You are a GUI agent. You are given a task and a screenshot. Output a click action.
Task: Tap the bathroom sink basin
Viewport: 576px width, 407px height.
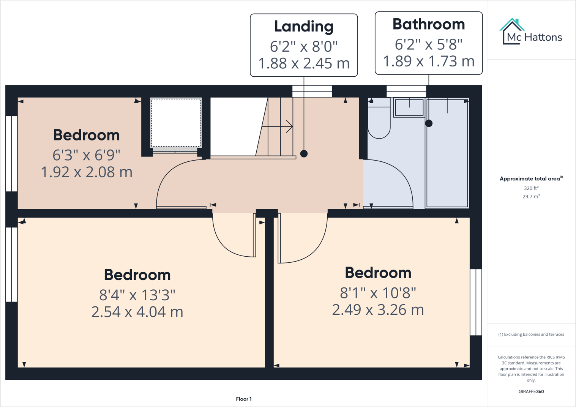409,107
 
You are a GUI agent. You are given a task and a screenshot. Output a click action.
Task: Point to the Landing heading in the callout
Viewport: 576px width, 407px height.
304,26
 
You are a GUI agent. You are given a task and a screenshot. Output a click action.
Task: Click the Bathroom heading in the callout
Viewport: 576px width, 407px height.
428,24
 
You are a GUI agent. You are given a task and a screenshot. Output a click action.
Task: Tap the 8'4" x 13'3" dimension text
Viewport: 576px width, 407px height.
137,294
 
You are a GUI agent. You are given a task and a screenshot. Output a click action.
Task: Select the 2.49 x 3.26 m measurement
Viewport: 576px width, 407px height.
378,310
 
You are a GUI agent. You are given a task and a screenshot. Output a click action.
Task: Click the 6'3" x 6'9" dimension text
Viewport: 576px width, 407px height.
86,155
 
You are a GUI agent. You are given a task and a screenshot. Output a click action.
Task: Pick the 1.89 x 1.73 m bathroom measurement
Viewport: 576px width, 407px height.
428,61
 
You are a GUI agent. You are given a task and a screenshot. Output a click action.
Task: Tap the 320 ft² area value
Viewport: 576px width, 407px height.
531,188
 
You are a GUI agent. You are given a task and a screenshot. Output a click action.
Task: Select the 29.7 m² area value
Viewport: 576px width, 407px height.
531,196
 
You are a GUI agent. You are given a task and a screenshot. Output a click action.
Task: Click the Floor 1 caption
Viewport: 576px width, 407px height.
244,399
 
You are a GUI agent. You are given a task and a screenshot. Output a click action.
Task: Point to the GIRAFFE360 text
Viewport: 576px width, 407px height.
531,391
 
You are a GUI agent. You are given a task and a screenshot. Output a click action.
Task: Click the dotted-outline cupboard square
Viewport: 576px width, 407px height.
176,123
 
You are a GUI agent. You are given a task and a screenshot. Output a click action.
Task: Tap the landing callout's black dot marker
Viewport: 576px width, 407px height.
304,154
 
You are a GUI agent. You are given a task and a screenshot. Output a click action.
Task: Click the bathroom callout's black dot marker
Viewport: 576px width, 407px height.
429,123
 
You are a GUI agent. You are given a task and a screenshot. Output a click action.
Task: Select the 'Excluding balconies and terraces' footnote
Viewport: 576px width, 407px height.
531,334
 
